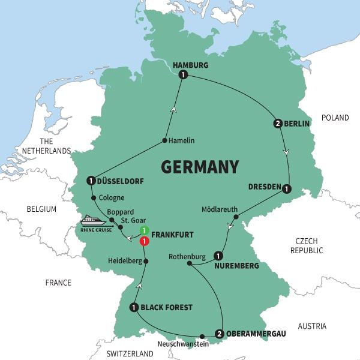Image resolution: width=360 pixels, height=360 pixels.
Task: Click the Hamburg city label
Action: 190,65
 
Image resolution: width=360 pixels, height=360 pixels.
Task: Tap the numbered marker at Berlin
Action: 278,124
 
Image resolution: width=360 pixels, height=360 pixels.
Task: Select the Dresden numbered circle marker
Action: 287,187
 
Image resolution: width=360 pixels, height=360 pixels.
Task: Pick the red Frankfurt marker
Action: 144,241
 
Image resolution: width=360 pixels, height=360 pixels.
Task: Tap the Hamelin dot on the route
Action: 164,141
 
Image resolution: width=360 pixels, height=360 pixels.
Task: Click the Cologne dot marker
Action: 94,197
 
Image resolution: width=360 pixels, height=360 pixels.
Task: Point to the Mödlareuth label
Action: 219,209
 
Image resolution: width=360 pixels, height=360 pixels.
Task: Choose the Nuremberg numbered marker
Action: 217,255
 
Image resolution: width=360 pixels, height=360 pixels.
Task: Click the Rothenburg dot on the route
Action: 190,263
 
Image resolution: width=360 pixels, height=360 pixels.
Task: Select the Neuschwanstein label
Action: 182,344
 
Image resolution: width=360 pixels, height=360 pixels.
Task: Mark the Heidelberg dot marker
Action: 146,261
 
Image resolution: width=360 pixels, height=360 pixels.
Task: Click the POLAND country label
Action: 335,118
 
